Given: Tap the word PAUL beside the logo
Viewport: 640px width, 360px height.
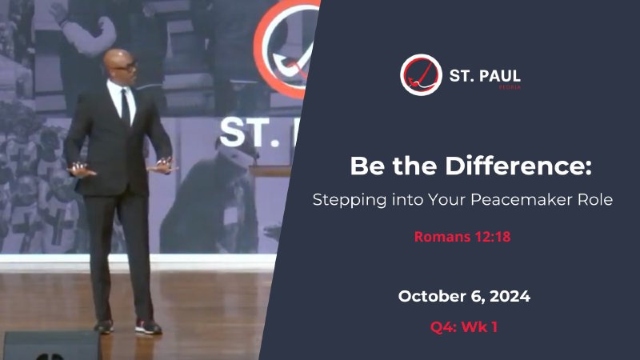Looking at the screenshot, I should (498, 75).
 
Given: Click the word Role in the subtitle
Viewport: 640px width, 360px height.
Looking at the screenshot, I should (595, 200).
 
